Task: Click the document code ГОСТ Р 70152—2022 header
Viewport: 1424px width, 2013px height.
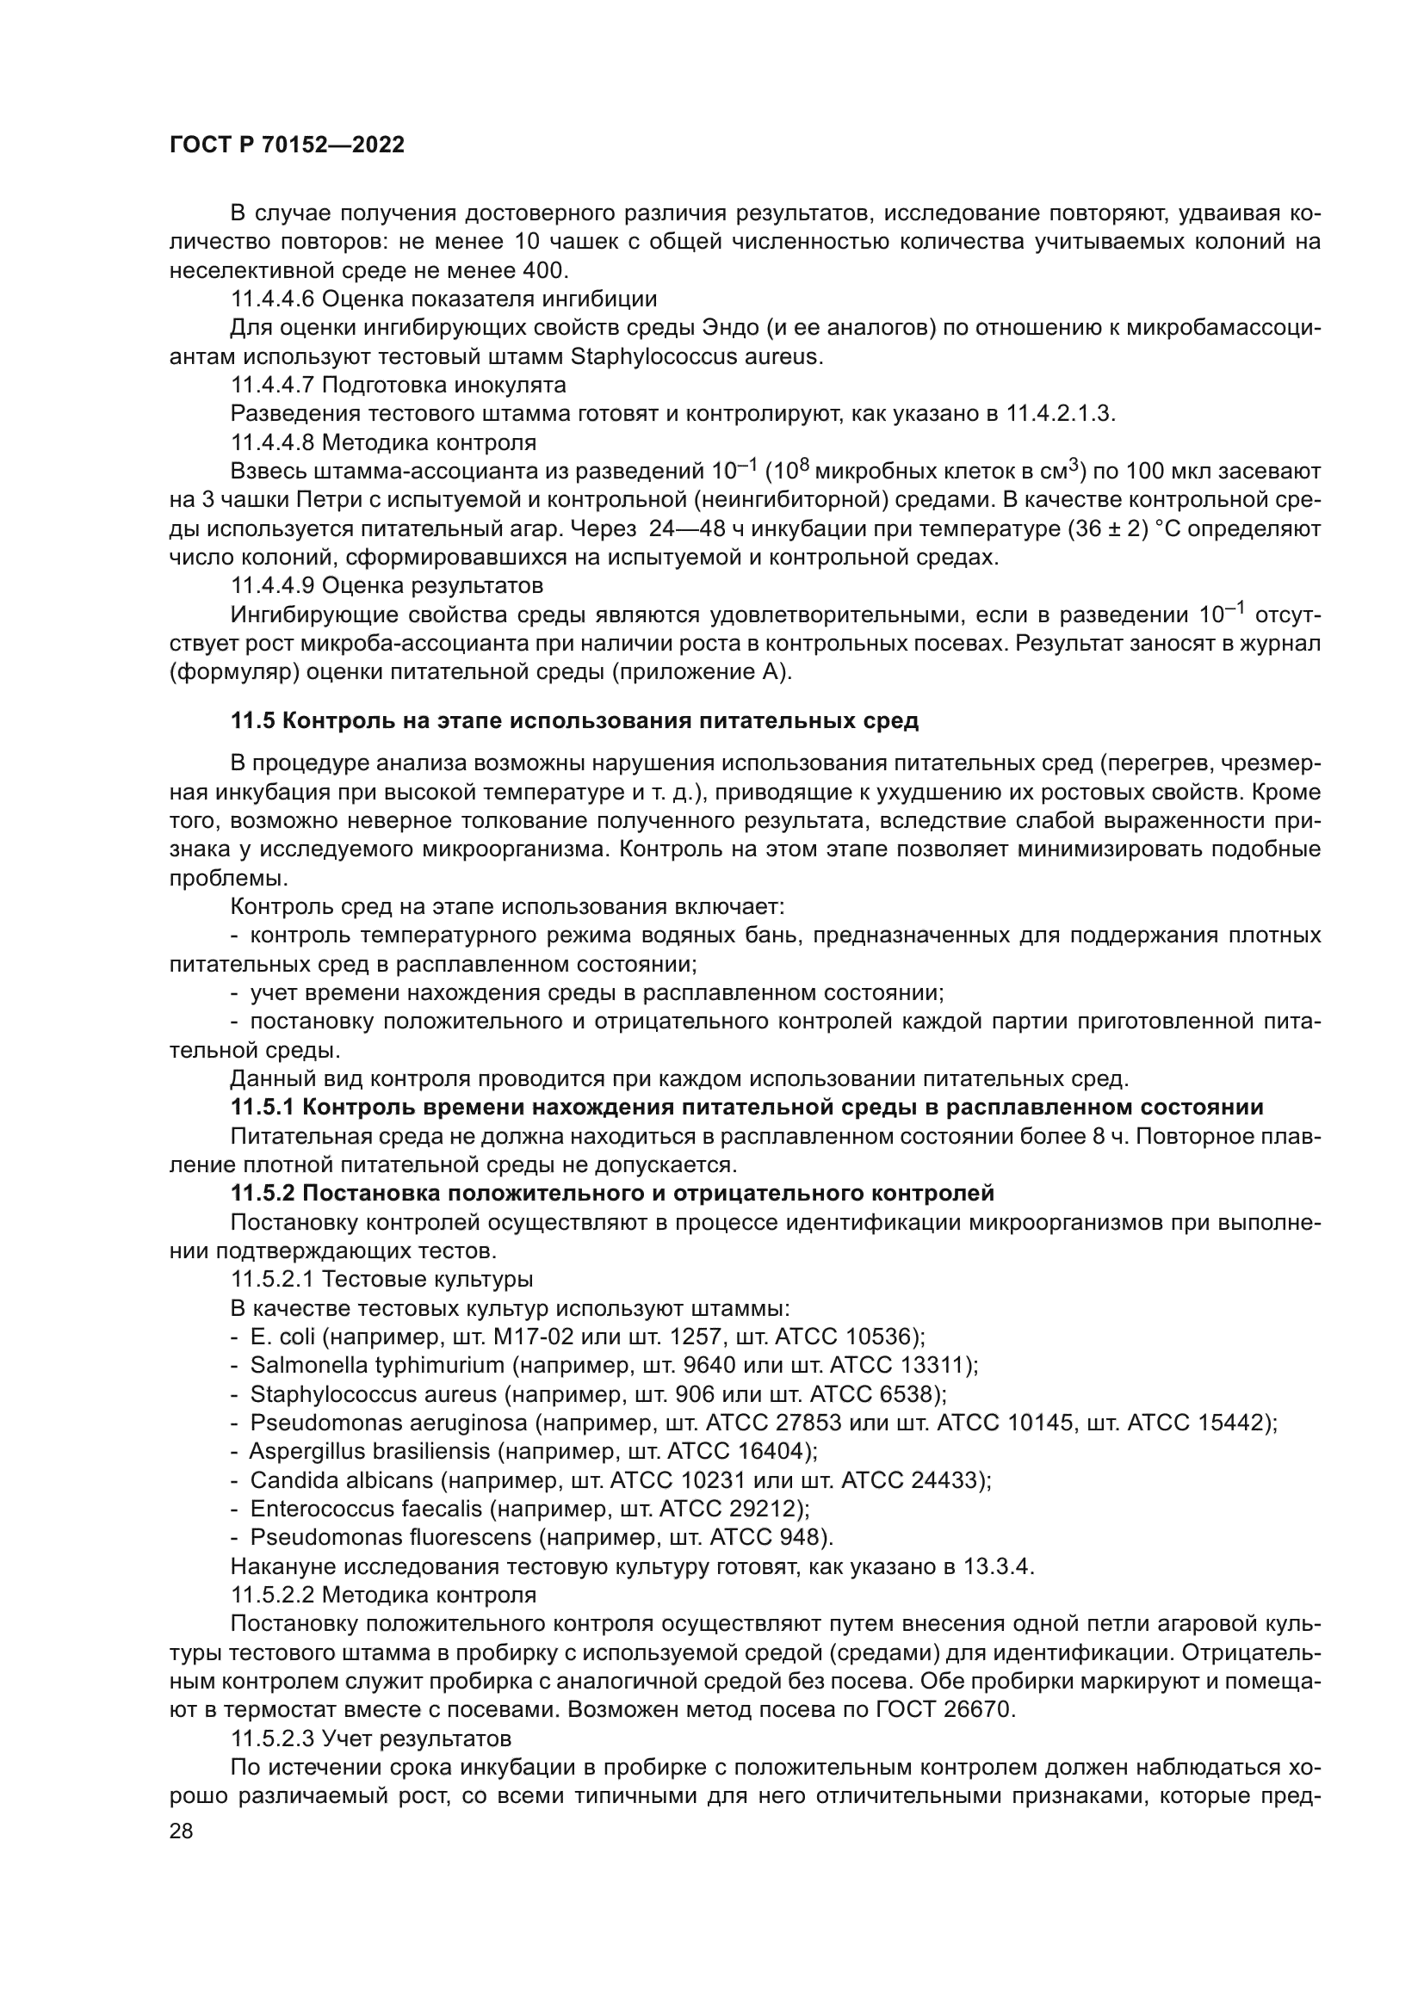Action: [x=287, y=145]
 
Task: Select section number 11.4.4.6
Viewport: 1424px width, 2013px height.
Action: [x=272, y=299]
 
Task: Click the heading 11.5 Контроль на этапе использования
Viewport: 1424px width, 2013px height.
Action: [x=574, y=720]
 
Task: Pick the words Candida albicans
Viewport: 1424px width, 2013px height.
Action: [x=342, y=1480]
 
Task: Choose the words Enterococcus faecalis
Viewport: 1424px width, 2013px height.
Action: [x=367, y=1509]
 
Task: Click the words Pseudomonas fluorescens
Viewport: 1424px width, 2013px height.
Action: [x=391, y=1537]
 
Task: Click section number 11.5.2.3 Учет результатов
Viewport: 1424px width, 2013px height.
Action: [x=272, y=1738]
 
